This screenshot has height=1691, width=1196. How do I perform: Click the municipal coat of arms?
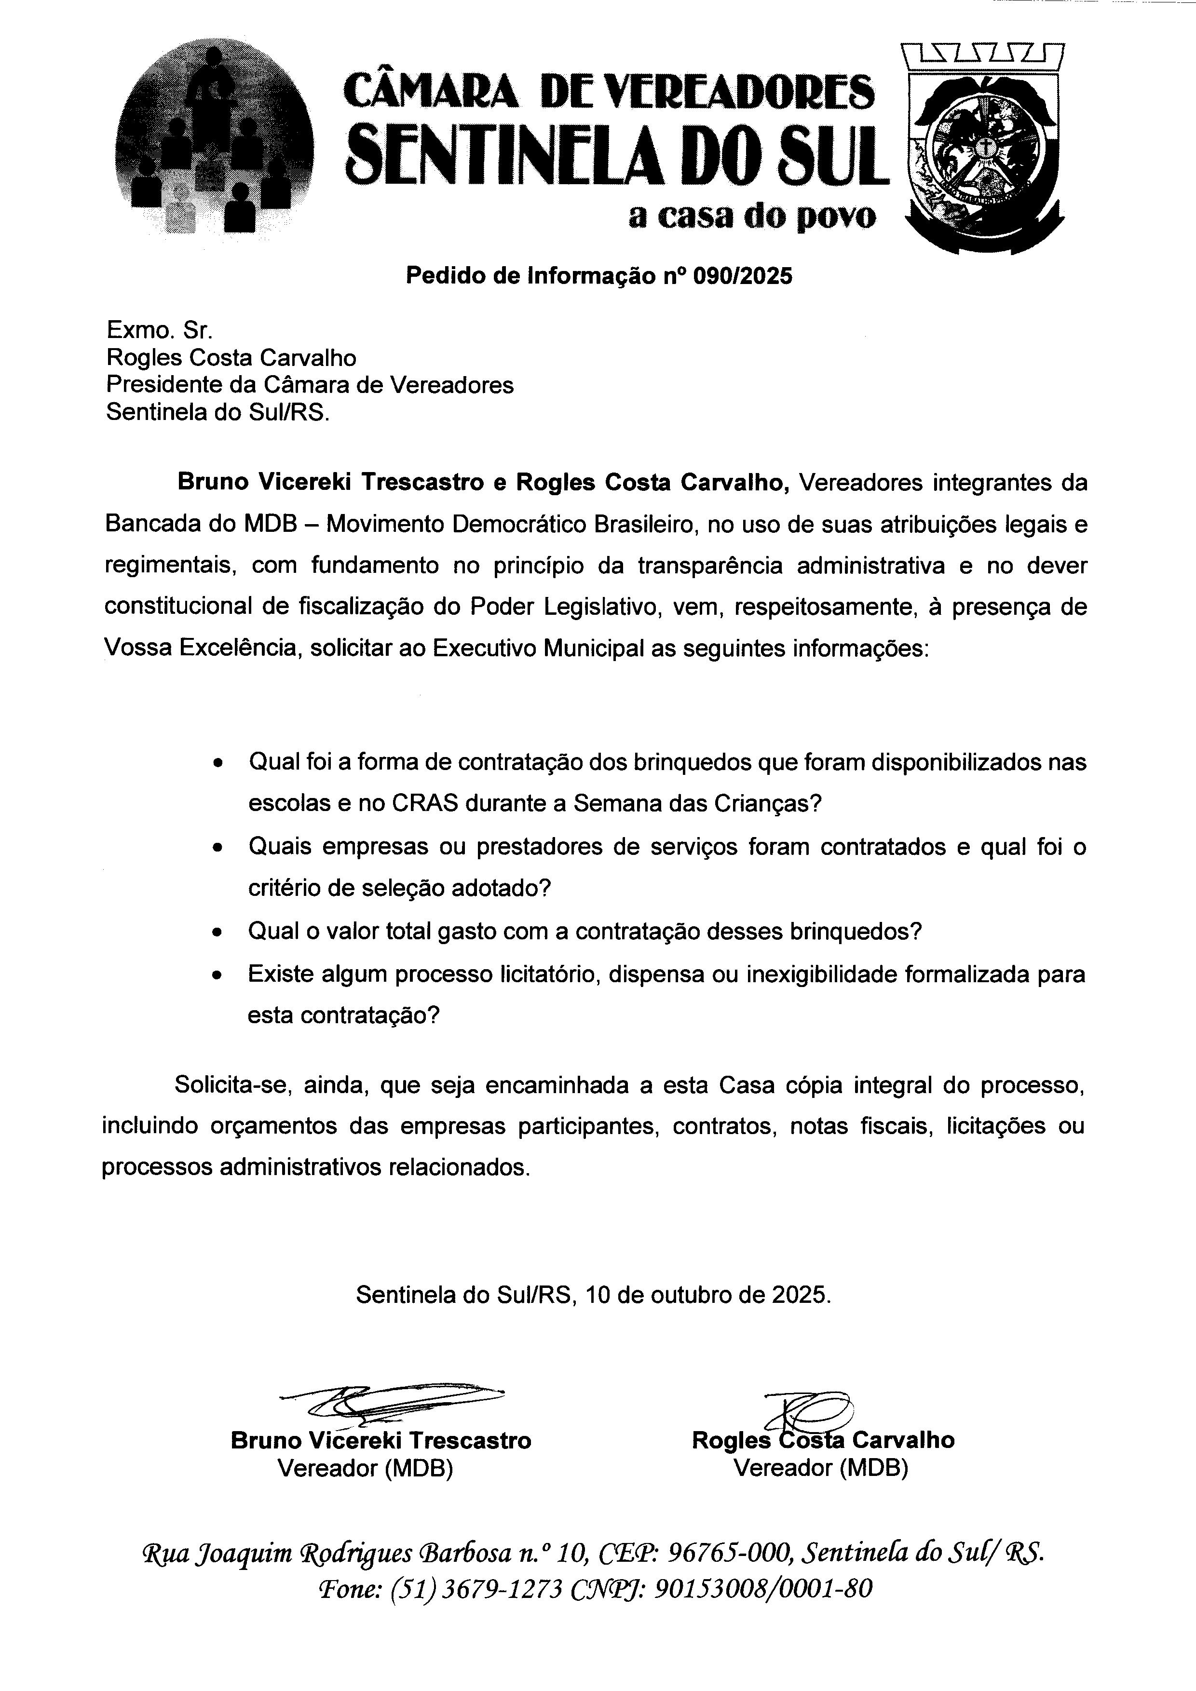click(x=982, y=147)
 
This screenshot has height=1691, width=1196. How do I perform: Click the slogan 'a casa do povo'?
click(x=752, y=216)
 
